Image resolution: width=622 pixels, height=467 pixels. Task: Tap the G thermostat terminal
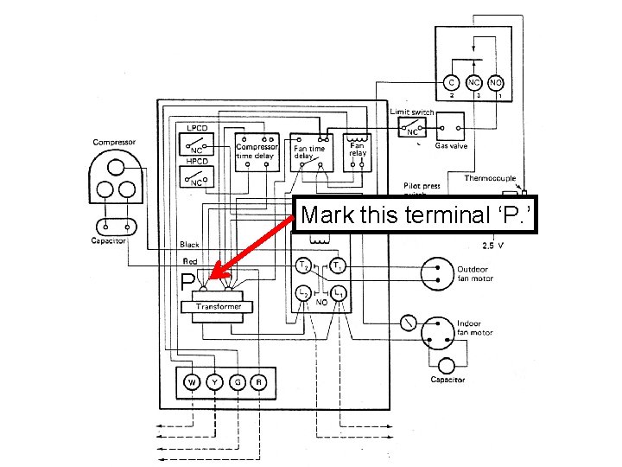(x=235, y=381)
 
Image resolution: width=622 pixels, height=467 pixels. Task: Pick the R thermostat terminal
(x=257, y=381)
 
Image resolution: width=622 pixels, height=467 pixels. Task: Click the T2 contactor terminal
(x=303, y=265)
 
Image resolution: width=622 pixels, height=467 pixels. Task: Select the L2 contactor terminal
(x=303, y=295)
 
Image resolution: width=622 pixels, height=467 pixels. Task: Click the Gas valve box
(x=451, y=129)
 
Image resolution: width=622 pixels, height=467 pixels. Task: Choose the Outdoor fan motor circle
(x=437, y=273)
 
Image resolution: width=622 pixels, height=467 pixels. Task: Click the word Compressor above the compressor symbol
(x=114, y=143)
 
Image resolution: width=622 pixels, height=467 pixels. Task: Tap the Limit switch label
(x=412, y=112)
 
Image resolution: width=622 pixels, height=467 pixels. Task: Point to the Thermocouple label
(x=491, y=178)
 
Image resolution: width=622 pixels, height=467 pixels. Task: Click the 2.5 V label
(x=494, y=246)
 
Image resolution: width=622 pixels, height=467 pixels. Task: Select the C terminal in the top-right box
(x=450, y=82)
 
